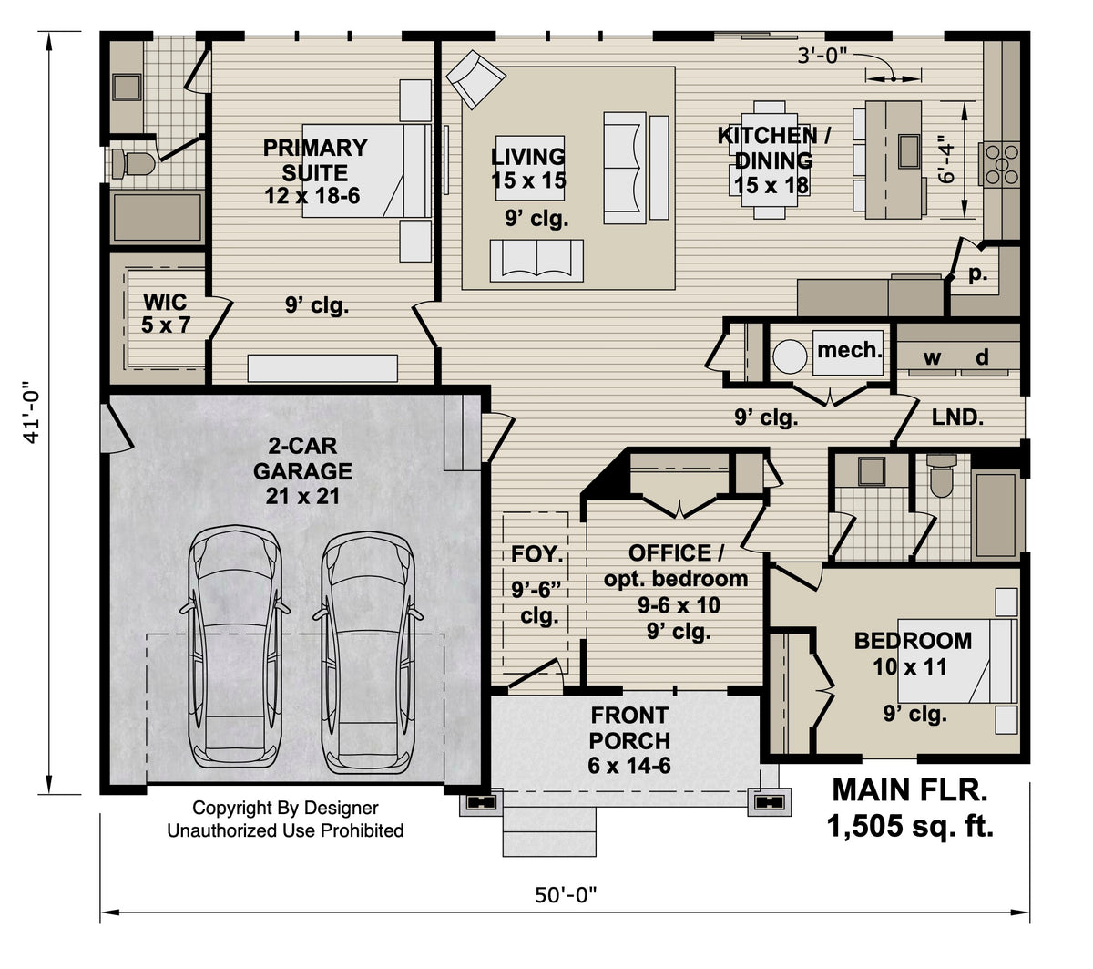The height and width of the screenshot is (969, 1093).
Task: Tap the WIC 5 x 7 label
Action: coord(165,313)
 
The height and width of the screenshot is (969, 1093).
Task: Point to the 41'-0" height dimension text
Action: coord(33,413)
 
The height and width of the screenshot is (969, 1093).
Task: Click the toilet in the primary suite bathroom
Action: coord(132,164)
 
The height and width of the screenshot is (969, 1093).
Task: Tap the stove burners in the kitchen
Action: coord(998,165)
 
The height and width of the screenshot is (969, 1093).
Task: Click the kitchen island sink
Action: coord(907,149)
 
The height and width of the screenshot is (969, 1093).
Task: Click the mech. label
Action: coord(849,349)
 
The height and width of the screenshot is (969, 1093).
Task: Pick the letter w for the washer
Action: coord(932,358)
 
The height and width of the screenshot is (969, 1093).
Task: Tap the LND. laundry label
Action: coord(957,418)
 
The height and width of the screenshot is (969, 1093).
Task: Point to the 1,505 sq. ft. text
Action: coord(909,826)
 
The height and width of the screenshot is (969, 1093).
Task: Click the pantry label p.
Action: coord(977,273)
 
